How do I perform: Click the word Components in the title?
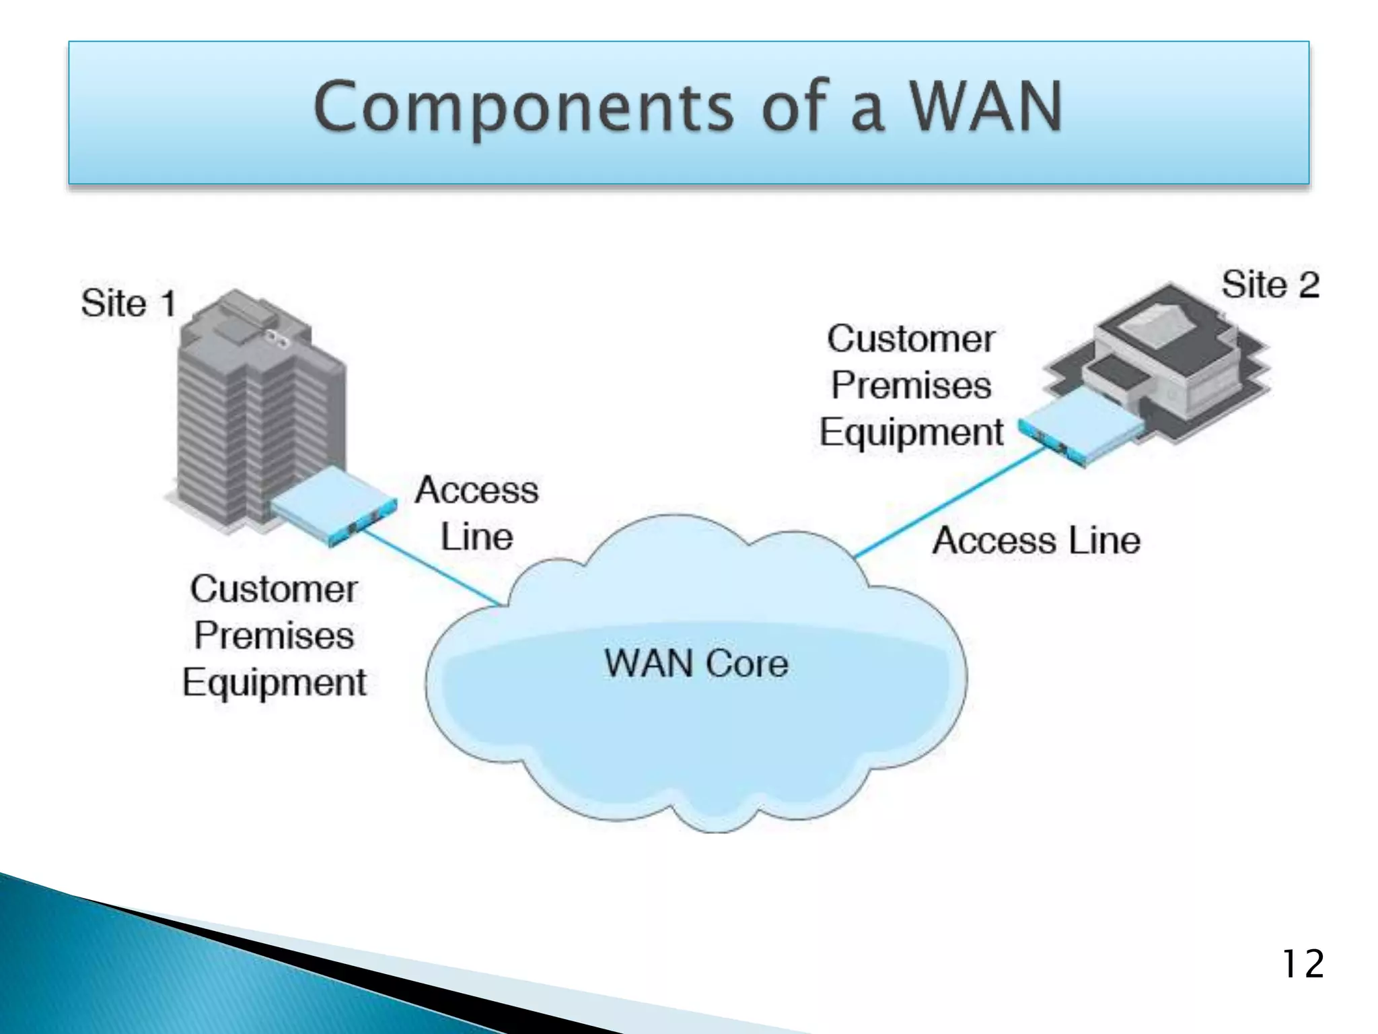click(523, 108)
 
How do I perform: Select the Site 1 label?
click(128, 303)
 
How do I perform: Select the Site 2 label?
click(1270, 284)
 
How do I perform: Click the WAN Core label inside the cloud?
click(696, 663)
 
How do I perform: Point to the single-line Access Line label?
click(1036, 541)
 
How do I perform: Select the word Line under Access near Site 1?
click(476, 537)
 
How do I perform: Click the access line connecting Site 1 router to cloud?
click(431, 567)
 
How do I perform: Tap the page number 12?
click(1303, 964)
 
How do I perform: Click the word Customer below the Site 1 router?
click(274, 589)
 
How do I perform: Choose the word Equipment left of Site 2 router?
click(911, 432)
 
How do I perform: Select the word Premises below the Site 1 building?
click(274, 635)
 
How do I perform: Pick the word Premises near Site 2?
click(911, 385)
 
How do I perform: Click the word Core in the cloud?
click(747, 663)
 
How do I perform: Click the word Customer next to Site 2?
click(911, 339)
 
